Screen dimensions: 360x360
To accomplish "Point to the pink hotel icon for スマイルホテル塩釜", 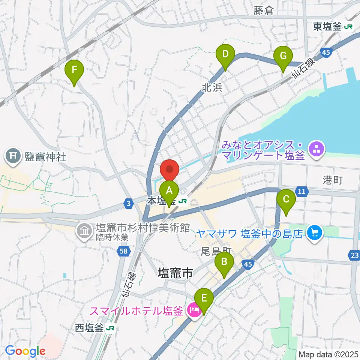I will [194, 310].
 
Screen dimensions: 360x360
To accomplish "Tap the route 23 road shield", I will [354, 255].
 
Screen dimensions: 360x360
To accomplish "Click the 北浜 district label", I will [212, 87].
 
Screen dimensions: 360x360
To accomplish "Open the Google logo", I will [25, 351].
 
